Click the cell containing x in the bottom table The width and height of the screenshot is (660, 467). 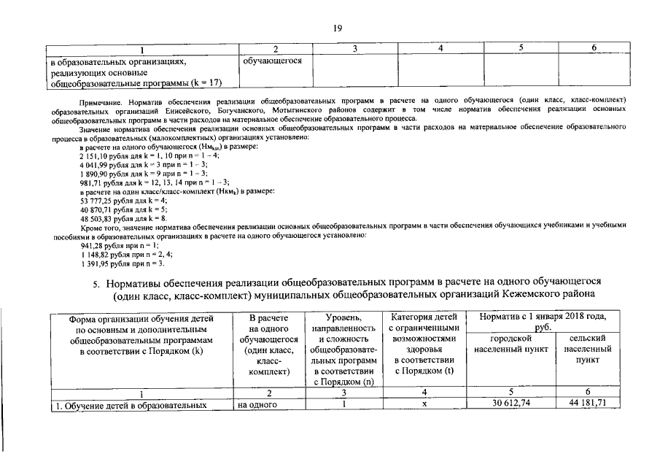(424, 404)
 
